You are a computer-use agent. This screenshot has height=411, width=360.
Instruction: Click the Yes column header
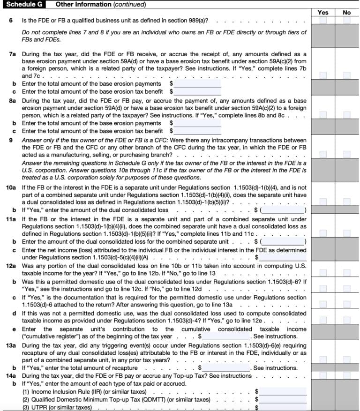tap(323, 13)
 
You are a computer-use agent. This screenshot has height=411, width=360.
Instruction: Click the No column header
tap(346, 13)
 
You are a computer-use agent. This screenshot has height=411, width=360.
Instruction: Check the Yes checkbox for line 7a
tap(323, 75)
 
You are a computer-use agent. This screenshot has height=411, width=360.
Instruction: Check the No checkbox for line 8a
tap(346, 115)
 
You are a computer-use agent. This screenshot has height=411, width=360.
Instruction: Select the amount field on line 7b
tap(197, 83)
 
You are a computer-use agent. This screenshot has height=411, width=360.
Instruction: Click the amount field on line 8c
tap(197, 131)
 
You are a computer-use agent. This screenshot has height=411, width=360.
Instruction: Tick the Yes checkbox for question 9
tap(323, 155)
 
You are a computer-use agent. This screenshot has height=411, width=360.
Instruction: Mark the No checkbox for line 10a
tap(346, 202)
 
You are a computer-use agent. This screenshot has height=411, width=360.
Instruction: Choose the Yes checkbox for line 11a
tap(323, 233)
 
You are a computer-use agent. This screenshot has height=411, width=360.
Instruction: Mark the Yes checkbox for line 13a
tap(323, 360)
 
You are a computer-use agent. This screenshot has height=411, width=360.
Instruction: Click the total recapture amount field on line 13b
tap(227, 368)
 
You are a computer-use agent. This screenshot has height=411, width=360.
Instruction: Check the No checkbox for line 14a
tap(346, 376)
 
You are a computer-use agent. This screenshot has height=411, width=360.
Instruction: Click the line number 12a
tap(11, 265)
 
